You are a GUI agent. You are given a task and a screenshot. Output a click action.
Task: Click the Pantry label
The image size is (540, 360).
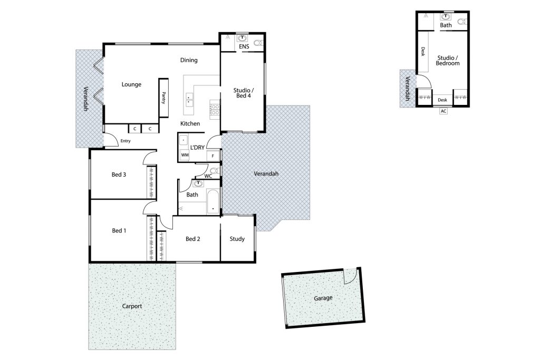pos(163,98)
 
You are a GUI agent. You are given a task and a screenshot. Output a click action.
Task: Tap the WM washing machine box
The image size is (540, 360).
pos(185,155)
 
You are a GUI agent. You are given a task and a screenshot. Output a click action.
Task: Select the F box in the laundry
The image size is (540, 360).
pos(213,156)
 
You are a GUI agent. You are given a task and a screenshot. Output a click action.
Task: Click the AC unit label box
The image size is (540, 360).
pos(443,111)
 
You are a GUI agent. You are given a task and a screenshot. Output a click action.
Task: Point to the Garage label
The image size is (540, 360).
pos(323,298)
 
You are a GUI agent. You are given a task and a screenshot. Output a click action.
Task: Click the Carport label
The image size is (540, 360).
pos(132,306)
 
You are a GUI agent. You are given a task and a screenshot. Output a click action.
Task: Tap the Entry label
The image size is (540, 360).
pos(126,141)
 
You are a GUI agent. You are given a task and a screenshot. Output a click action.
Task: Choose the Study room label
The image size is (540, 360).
pos(237,239)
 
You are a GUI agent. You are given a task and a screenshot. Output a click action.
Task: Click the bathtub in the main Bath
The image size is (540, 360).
pos(213,202)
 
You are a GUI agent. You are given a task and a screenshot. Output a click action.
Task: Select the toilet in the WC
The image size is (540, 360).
pos(214,171)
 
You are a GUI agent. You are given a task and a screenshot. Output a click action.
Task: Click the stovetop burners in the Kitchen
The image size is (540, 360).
pos(215,110)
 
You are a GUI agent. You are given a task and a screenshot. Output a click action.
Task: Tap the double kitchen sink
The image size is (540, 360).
pos(189,99)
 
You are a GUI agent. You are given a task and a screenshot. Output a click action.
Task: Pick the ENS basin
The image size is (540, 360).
pos(243,38)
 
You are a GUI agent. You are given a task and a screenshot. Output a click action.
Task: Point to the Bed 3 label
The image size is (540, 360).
pos(119,174)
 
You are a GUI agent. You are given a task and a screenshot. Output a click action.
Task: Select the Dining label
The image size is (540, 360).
pos(189,60)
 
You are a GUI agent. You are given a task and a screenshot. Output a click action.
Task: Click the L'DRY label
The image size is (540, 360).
pos(197,147)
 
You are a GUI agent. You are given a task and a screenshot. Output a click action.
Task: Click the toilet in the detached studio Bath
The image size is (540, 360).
pos(462,22)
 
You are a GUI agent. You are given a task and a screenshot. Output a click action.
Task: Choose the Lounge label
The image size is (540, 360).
pos(131,85)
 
